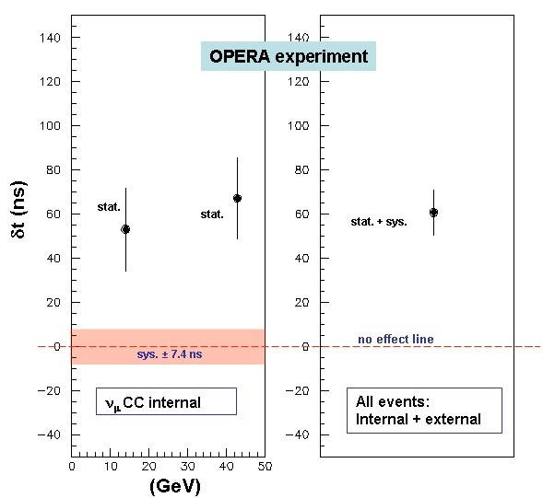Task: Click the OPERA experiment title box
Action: click(289, 57)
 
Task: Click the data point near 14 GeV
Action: click(125, 228)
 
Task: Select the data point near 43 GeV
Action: click(237, 198)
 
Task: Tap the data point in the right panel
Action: click(433, 213)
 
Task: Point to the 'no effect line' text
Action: click(395, 340)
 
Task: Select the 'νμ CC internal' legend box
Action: click(166, 401)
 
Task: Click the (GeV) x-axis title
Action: click(175, 486)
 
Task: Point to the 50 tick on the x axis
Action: click(264, 467)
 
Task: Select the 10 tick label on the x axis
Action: click(110, 467)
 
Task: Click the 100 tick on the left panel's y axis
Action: click(53, 126)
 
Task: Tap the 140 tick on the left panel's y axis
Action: click(53, 38)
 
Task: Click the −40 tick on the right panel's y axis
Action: click(302, 434)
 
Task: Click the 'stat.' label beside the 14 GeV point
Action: click(109, 207)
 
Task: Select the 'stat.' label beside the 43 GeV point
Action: click(212, 214)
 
